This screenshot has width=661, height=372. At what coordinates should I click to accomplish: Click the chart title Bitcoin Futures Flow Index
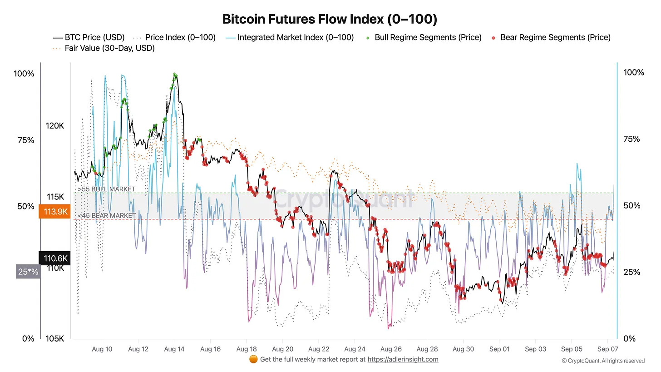point(330,20)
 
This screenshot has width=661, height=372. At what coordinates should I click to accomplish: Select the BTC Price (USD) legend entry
point(89,37)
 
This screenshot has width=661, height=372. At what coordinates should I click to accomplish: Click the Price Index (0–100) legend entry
point(174,37)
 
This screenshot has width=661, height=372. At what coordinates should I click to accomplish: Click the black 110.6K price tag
point(54,259)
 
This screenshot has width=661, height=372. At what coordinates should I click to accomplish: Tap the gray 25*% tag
point(28,272)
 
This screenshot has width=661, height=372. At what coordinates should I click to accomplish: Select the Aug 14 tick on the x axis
point(174,349)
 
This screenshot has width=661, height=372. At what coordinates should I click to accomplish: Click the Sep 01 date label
point(499,349)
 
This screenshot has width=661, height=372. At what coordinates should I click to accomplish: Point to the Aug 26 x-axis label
point(390,349)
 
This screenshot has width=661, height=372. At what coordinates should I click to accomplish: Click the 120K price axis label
point(55,126)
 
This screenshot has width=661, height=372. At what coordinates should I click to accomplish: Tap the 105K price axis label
point(55,338)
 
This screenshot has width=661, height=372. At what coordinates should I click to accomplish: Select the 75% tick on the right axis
point(631,139)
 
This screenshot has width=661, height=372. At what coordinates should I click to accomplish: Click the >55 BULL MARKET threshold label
point(106,189)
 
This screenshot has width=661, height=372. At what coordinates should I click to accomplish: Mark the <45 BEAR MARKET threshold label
point(106,215)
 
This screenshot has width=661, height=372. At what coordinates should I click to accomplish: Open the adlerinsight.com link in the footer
point(402,359)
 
